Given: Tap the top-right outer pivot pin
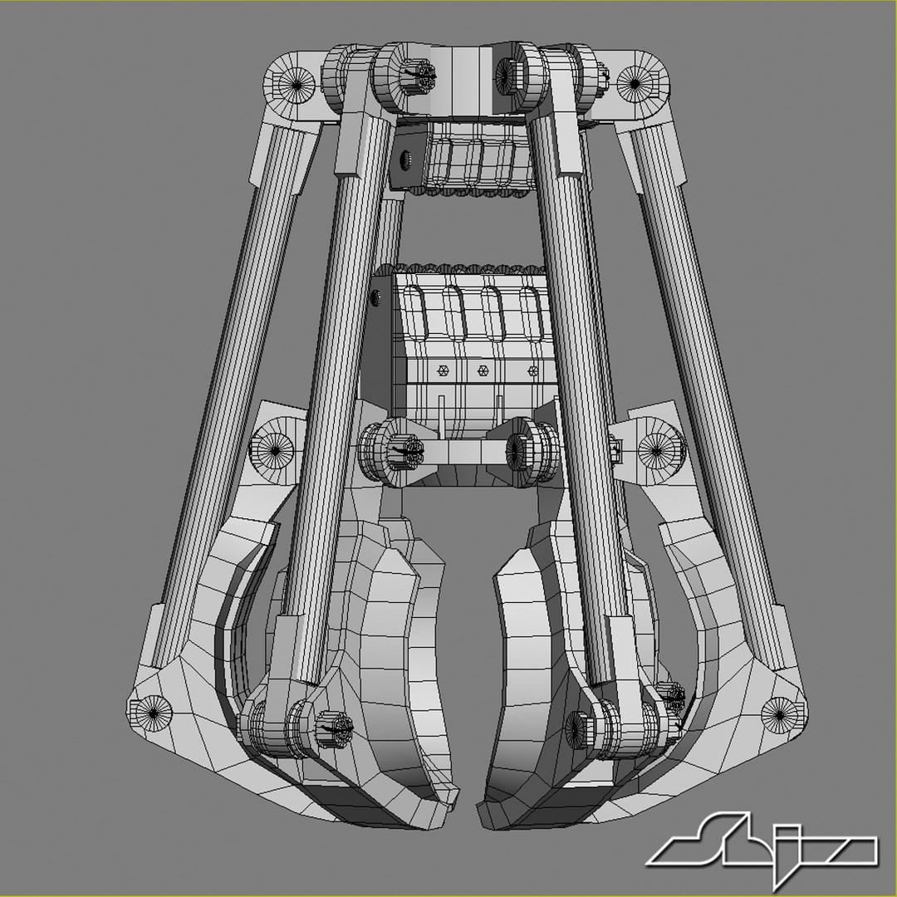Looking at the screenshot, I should coord(634,82).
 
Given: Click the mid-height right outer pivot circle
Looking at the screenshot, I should coord(656,450).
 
